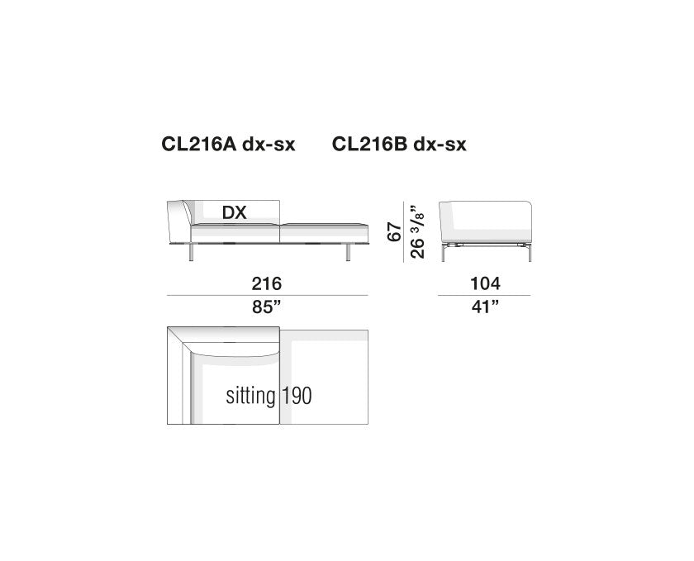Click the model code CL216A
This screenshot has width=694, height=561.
click(199, 145)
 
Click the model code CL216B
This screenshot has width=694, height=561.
click(369, 145)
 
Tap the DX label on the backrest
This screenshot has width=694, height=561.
click(234, 213)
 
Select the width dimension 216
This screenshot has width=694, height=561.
click(266, 283)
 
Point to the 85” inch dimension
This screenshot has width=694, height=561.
click(266, 307)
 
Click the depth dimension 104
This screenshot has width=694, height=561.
click(485, 283)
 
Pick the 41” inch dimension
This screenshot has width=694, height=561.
click(485, 307)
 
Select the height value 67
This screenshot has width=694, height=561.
click(394, 232)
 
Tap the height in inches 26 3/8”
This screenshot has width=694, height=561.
click(417, 231)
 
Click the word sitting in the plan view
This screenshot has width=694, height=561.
click(250, 396)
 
